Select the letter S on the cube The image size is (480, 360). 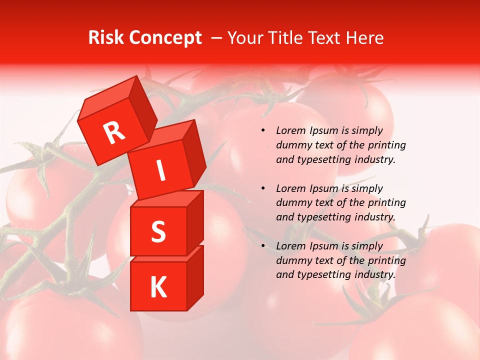click(x=158, y=231)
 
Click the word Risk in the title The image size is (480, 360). click(x=106, y=37)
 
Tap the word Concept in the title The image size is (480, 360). click(x=165, y=37)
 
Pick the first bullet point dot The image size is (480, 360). click(x=263, y=130)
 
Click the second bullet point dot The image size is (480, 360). click(x=263, y=188)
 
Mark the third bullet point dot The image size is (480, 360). click(x=263, y=246)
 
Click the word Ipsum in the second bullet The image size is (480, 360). click(x=323, y=188)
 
